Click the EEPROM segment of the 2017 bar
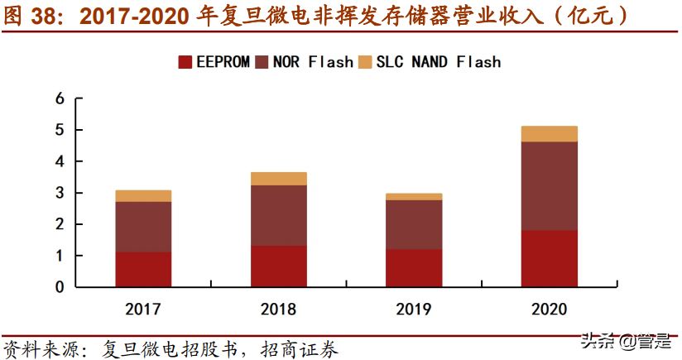click(143, 270)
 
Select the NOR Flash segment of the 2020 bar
click(549, 186)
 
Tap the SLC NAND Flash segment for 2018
click(278, 179)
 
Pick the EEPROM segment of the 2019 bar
click(414, 268)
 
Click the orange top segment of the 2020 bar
click(549, 134)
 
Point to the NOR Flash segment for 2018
click(278, 215)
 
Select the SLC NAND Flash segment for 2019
click(414, 196)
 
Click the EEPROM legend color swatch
click(185, 61)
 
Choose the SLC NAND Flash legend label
click(439, 61)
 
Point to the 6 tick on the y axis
click(59, 98)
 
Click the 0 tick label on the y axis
click(59, 287)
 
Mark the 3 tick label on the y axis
click(59, 193)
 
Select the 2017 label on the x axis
click(143, 310)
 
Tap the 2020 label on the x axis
click(549, 310)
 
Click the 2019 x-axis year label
click(414, 310)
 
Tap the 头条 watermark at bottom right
click(598, 341)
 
